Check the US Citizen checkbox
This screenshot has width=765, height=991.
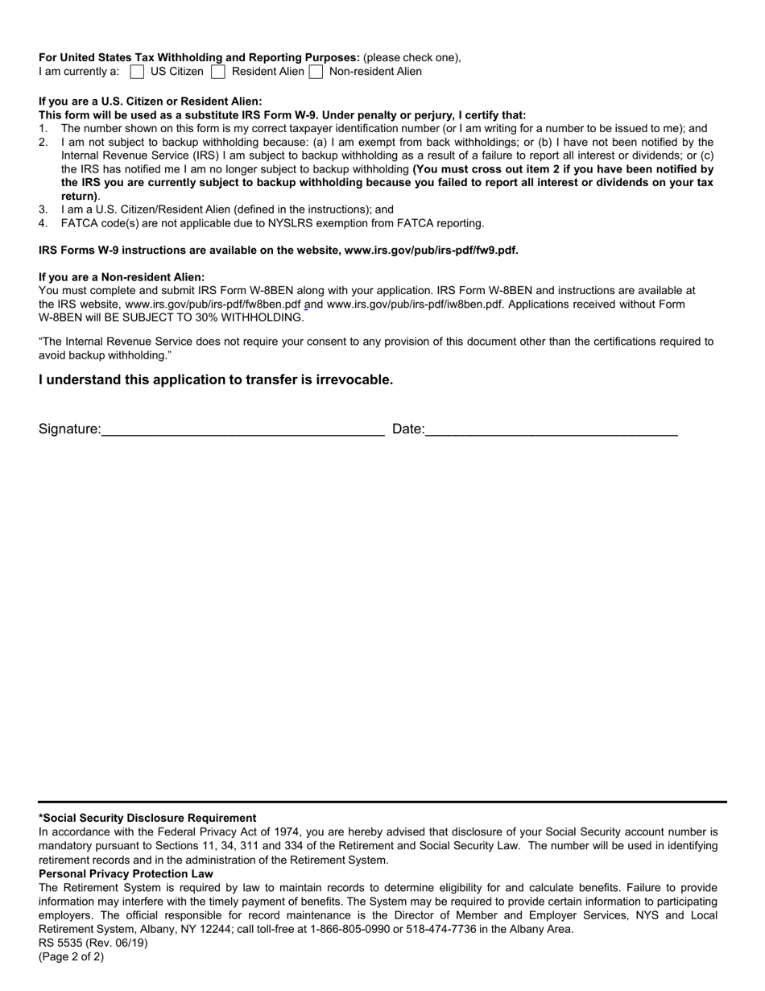tap(137, 72)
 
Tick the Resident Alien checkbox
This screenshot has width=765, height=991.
tap(217, 72)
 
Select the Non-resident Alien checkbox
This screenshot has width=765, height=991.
tap(316, 72)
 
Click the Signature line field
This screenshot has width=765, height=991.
tap(242, 429)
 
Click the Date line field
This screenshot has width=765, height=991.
tap(551, 429)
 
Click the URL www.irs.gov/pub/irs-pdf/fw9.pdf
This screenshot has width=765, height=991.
tap(431, 250)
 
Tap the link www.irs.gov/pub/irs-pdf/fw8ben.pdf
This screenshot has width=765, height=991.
tap(213, 305)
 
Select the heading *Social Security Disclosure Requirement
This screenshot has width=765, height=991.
tap(147, 818)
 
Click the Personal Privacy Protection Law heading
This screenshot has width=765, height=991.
tap(126, 873)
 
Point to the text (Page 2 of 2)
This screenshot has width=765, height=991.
tap(71, 957)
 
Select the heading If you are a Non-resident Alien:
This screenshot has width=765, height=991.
tap(122, 277)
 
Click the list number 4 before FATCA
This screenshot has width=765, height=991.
tap(43, 223)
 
